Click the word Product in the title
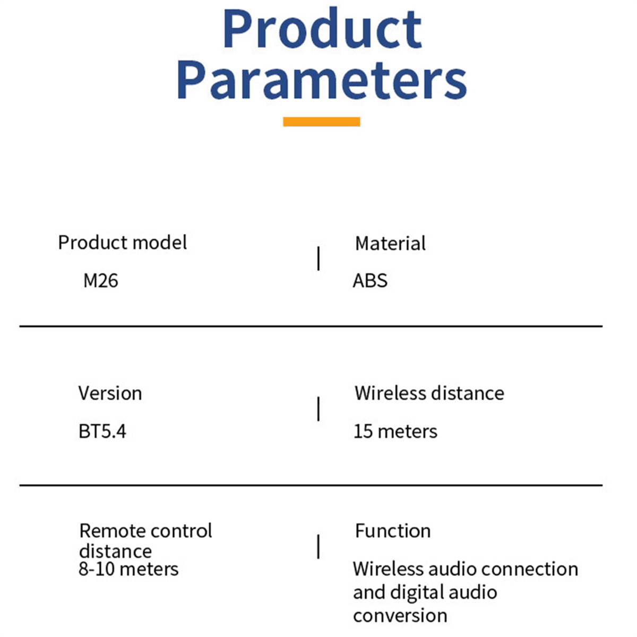(322, 29)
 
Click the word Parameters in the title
(322, 80)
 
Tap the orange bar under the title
(321, 122)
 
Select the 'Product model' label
(122, 243)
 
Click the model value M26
(100, 281)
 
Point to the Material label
(390, 244)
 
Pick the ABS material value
(370, 281)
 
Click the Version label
(110, 393)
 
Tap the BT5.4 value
(102, 432)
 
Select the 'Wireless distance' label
(429, 393)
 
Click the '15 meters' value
(395, 432)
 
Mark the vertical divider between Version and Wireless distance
(318, 409)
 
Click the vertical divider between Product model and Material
(318, 258)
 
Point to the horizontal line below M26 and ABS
(311, 326)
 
